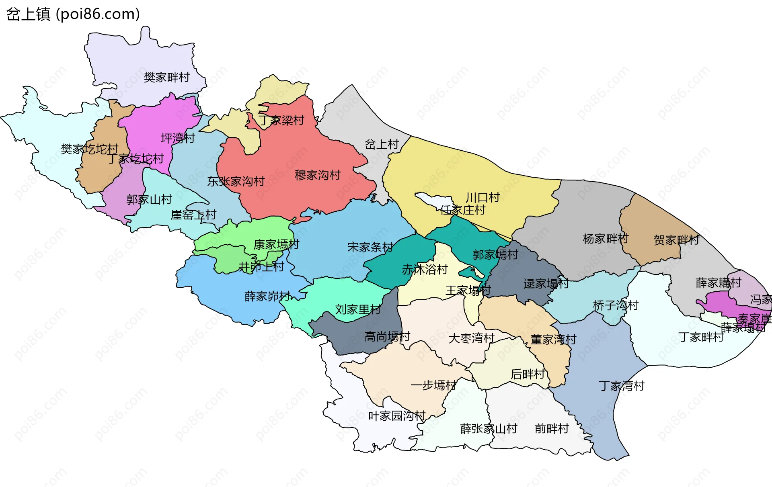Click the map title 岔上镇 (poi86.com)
(x=73, y=14)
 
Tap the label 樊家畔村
(x=166, y=77)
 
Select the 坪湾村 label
(x=178, y=138)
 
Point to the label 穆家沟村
(x=317, y=175)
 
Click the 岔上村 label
(x=381, y=144)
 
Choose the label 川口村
(x=482, y=197)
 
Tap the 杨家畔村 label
(x=605, y=239)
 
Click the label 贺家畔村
(x=676, y=240)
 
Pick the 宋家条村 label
(x=370, y=247)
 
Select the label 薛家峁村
(x=267, y=297)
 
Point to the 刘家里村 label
(x=358, y=309)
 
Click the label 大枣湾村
(x=471, y=338)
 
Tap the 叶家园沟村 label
(x=397, y=416)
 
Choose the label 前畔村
(x=552, y=429)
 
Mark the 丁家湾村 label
(x=622, y=386)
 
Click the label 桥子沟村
(x=616, y=305)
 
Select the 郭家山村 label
(x=149, y=200)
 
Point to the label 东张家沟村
(x=236, y=182)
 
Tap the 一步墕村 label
(x=433, y=385)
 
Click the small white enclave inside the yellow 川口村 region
(x=433, y=200)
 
